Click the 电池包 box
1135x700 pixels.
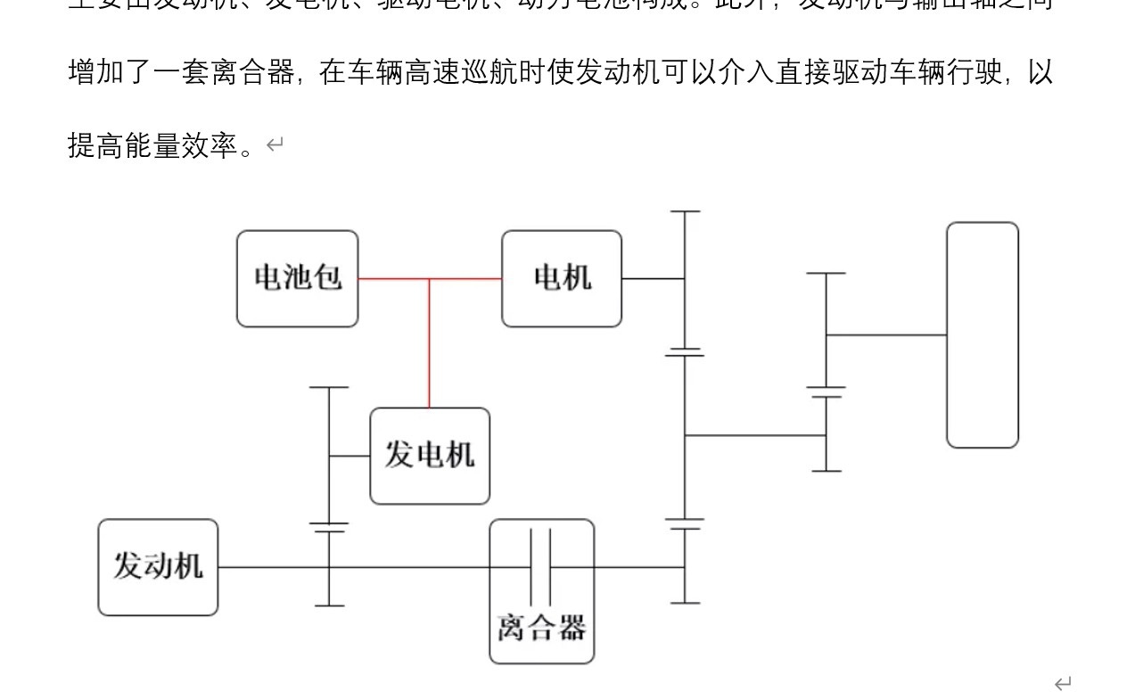297,278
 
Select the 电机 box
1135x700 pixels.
561,278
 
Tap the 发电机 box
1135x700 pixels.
429,456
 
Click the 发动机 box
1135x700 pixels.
158,567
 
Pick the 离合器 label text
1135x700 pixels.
541,628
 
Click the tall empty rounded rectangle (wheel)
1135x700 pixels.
982,334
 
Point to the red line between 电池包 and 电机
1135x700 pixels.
392,278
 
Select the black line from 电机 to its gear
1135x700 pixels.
653,278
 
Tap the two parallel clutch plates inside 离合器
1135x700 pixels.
540,567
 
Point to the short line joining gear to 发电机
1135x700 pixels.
350,456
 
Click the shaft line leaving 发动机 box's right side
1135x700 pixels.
267,567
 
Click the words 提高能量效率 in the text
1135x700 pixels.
153,145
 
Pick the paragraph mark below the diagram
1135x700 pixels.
1062,684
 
